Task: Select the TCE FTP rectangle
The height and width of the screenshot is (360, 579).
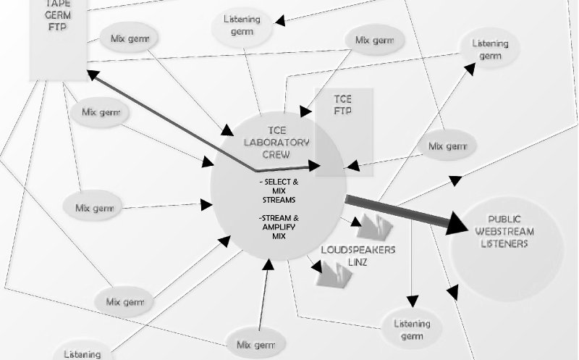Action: (x=344, y=130)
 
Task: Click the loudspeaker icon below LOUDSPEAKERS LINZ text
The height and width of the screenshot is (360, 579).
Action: (x=334, y=273)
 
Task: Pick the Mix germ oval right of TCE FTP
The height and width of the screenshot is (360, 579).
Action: (x=448, y=146)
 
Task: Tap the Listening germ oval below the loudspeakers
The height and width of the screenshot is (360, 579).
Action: (x=412, y=330)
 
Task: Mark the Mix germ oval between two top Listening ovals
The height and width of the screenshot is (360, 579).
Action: (x=373, y=39)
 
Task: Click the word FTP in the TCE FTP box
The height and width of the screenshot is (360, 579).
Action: (x=343, y=111)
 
